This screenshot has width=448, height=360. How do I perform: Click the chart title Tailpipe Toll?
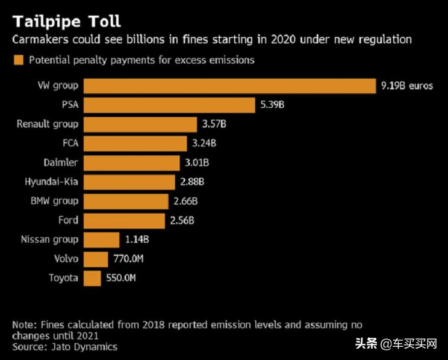pos(67,21)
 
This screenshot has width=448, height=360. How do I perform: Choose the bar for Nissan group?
pos(102,239)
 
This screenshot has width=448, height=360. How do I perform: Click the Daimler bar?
pos(132,163)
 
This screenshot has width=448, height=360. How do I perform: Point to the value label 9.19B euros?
pos(406,85)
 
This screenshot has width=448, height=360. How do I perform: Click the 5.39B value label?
pos(272,105)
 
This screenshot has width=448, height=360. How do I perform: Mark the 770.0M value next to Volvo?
pos(128,259)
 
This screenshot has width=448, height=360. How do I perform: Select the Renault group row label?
pos(48,124)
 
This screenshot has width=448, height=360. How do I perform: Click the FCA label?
pos(69,143)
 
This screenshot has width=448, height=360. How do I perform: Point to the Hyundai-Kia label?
pos(52,182)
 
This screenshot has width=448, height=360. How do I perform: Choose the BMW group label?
pos(54,201)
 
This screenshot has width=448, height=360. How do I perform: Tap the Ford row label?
pos(68,220)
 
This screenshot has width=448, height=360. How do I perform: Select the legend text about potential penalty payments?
pos(142,60)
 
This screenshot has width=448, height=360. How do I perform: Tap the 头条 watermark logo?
pos(369,344)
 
